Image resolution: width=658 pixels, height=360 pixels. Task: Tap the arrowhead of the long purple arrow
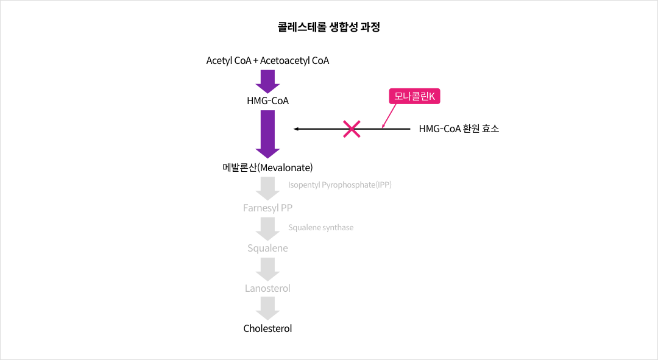267,153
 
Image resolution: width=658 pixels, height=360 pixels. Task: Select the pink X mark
352,129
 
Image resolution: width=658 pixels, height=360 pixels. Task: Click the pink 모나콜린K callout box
414,96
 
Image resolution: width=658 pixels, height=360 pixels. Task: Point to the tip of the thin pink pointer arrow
382,128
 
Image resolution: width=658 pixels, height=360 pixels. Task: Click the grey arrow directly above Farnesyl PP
267,188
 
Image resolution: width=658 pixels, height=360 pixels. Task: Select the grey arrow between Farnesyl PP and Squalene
267,228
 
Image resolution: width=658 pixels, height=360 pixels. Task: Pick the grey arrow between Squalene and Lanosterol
267,269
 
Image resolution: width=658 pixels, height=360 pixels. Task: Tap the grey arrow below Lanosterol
267,308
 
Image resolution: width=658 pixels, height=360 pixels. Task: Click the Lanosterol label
267,288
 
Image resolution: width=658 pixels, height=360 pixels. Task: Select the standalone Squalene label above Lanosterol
267,249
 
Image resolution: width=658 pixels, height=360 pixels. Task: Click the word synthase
338,227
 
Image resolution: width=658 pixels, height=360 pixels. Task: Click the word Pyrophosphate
348,185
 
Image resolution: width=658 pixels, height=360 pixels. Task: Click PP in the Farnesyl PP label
286,208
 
